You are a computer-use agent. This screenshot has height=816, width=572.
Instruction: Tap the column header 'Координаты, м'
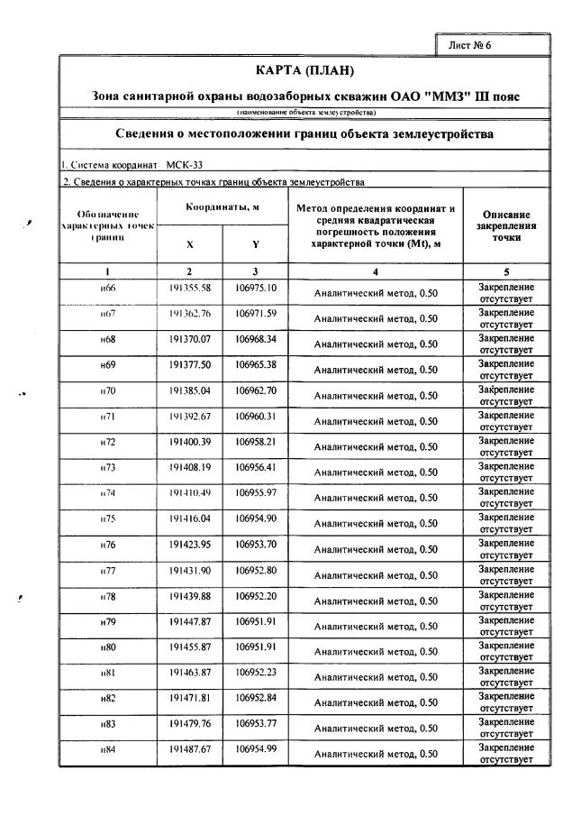point(222,208)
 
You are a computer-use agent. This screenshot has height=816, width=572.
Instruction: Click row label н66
point(107,289)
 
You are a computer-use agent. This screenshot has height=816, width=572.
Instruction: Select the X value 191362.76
point(189,314)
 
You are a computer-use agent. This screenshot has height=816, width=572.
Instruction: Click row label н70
point(107,391)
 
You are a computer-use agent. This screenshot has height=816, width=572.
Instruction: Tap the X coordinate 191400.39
point(189,442)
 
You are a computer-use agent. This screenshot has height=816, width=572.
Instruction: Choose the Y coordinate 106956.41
point(256,467)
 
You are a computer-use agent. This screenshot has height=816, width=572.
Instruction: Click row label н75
point(107,519)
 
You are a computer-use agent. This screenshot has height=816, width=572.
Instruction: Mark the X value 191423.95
point(189,545)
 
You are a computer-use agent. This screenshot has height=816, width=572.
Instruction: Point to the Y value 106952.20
point(256,596)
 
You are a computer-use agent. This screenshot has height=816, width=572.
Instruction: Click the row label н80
point(107,647)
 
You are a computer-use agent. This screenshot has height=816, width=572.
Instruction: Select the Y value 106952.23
point(256,673)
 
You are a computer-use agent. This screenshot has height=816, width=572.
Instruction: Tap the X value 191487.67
point(189,750)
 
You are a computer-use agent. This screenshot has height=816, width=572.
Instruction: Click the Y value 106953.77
point(256,724)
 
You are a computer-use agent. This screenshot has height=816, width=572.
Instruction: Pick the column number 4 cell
point(375,270)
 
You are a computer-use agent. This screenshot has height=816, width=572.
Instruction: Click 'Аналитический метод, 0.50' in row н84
point(375,754)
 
